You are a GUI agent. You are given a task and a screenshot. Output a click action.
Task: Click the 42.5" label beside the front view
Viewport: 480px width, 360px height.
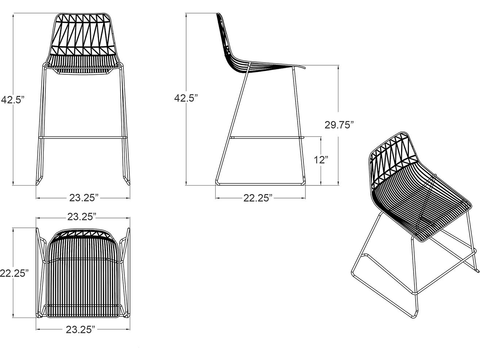12,99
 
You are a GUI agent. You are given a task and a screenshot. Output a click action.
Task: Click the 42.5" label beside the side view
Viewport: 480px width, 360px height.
186,98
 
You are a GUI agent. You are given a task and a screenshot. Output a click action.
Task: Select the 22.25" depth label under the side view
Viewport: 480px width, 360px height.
258,198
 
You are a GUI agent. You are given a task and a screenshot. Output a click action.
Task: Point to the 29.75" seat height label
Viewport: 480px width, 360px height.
339,125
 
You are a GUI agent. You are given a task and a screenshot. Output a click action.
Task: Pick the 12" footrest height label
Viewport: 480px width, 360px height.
321,160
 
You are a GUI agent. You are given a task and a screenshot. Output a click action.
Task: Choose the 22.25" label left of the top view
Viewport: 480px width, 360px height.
14,273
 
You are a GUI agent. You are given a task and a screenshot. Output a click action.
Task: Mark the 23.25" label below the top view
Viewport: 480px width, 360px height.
81,330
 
